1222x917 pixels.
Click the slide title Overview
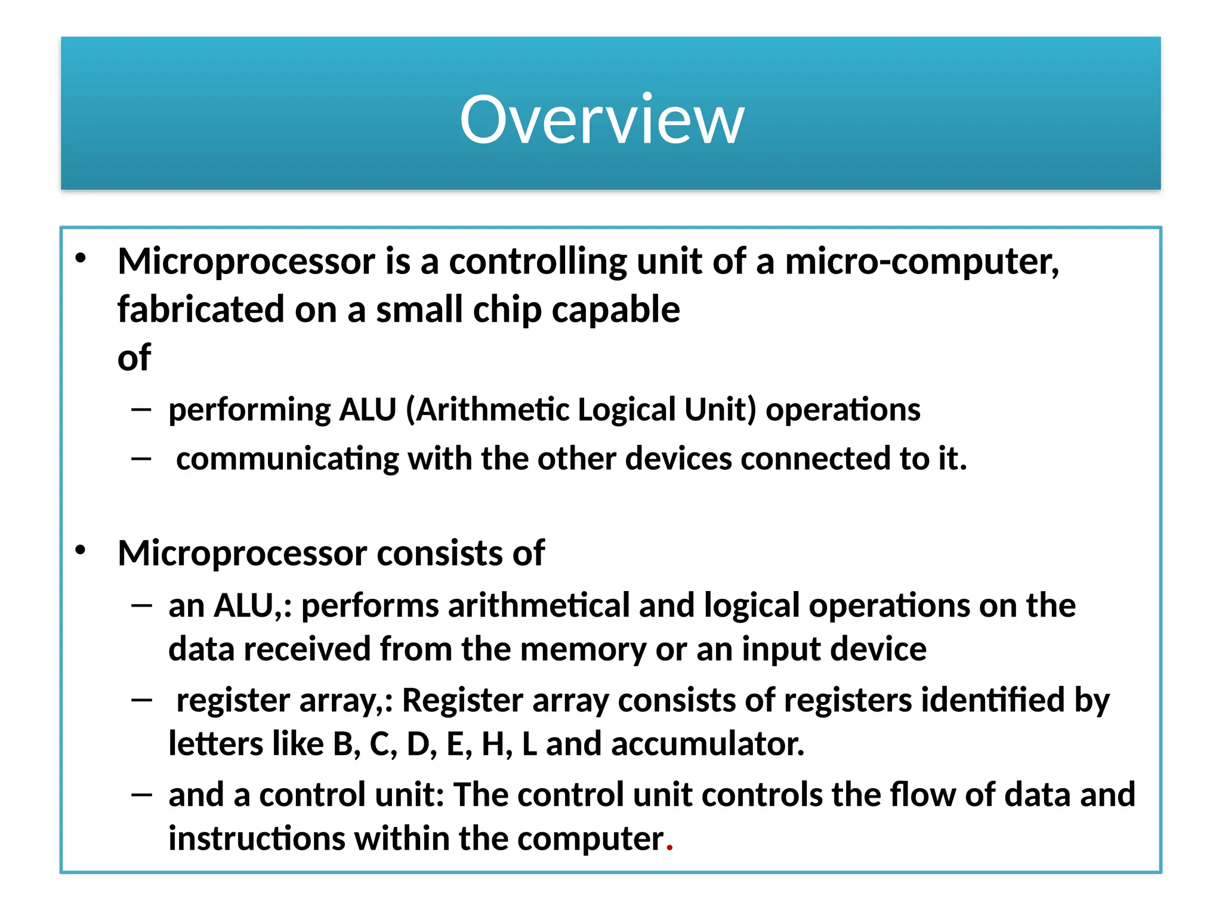point(601,120)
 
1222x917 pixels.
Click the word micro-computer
point(921,261)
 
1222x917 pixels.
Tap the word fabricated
point(200,309)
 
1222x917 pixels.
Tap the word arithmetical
point(539,605)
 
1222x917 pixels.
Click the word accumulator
point(708,744)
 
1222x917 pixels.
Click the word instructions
point(257,839)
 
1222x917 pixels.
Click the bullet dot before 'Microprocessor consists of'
point(81,550)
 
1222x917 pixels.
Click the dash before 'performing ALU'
point(141,410)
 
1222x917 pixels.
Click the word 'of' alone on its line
point(134,358)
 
